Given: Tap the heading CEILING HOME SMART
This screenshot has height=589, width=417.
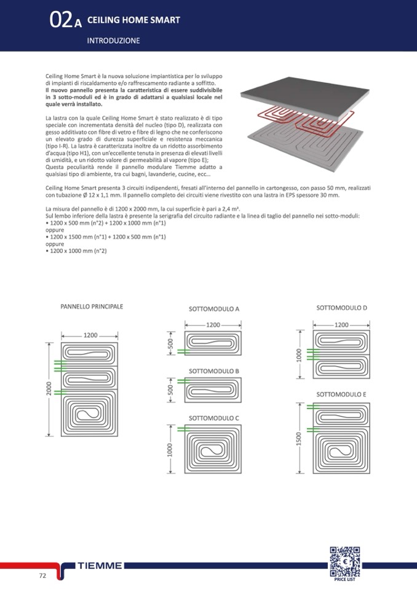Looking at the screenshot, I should (x=133, y=20).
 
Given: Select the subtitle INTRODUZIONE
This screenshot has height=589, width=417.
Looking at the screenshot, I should (x=114, y=41).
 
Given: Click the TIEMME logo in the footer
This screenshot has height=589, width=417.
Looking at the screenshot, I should (x=100, y=565).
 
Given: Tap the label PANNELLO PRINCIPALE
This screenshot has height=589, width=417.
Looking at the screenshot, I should (x=92, y=306).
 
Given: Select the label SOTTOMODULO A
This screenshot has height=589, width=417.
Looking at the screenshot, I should (x=213, y=309).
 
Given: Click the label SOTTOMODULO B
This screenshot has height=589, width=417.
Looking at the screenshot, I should (x=213, y=371).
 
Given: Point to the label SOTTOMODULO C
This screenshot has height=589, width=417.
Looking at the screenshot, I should (x=213, y=418).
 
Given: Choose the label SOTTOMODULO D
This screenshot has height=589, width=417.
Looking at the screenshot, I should (x=342, y=307).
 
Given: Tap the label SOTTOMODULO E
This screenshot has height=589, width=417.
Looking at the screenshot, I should (x=341, y=394).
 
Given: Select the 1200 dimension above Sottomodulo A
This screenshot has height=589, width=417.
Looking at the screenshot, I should (x=213, y=324).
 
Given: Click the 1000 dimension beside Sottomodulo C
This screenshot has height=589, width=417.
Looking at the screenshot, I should (x=170, y=450).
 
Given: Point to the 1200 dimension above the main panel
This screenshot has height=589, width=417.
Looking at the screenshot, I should (x=91, y=335).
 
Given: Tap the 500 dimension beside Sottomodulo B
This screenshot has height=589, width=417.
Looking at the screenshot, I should (x=170, y=389).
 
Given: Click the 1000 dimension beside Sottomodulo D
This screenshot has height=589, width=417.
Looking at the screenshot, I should (x=299, y=356).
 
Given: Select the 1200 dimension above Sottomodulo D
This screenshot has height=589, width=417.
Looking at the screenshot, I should (x=341, y=324).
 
